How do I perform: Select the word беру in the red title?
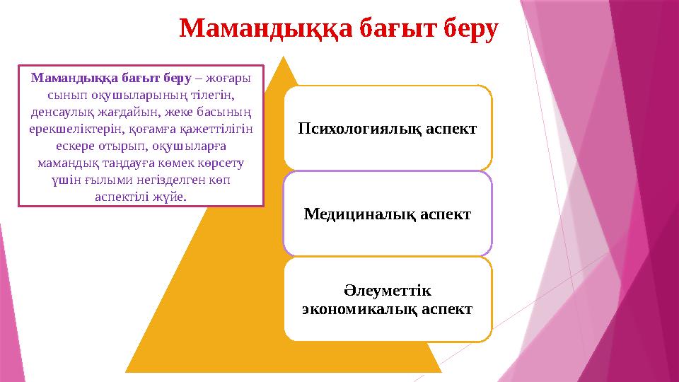pos(463,30)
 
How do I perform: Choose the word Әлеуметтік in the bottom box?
pos(388,291)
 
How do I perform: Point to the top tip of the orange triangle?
pos(283,57)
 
